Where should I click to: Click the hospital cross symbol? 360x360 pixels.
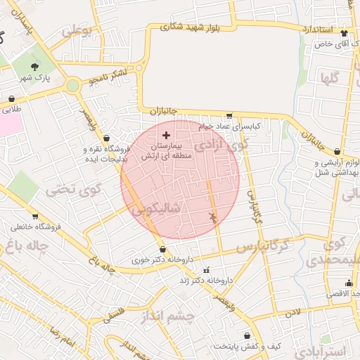coord(166,134)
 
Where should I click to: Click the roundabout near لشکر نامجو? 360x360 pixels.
coord(72,86)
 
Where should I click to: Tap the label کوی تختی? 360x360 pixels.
coord(75,188)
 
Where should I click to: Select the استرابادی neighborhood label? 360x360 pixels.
coord(320,350)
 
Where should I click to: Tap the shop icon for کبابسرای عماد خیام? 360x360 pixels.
coord(229,116)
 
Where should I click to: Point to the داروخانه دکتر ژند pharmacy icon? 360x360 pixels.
coord(206,271)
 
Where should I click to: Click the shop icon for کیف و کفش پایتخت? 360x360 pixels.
coord(247,336)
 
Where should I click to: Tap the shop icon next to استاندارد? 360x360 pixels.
coord(344,32)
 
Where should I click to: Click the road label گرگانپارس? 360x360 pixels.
coord(262,247)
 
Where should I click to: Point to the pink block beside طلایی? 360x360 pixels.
coord(10,124)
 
